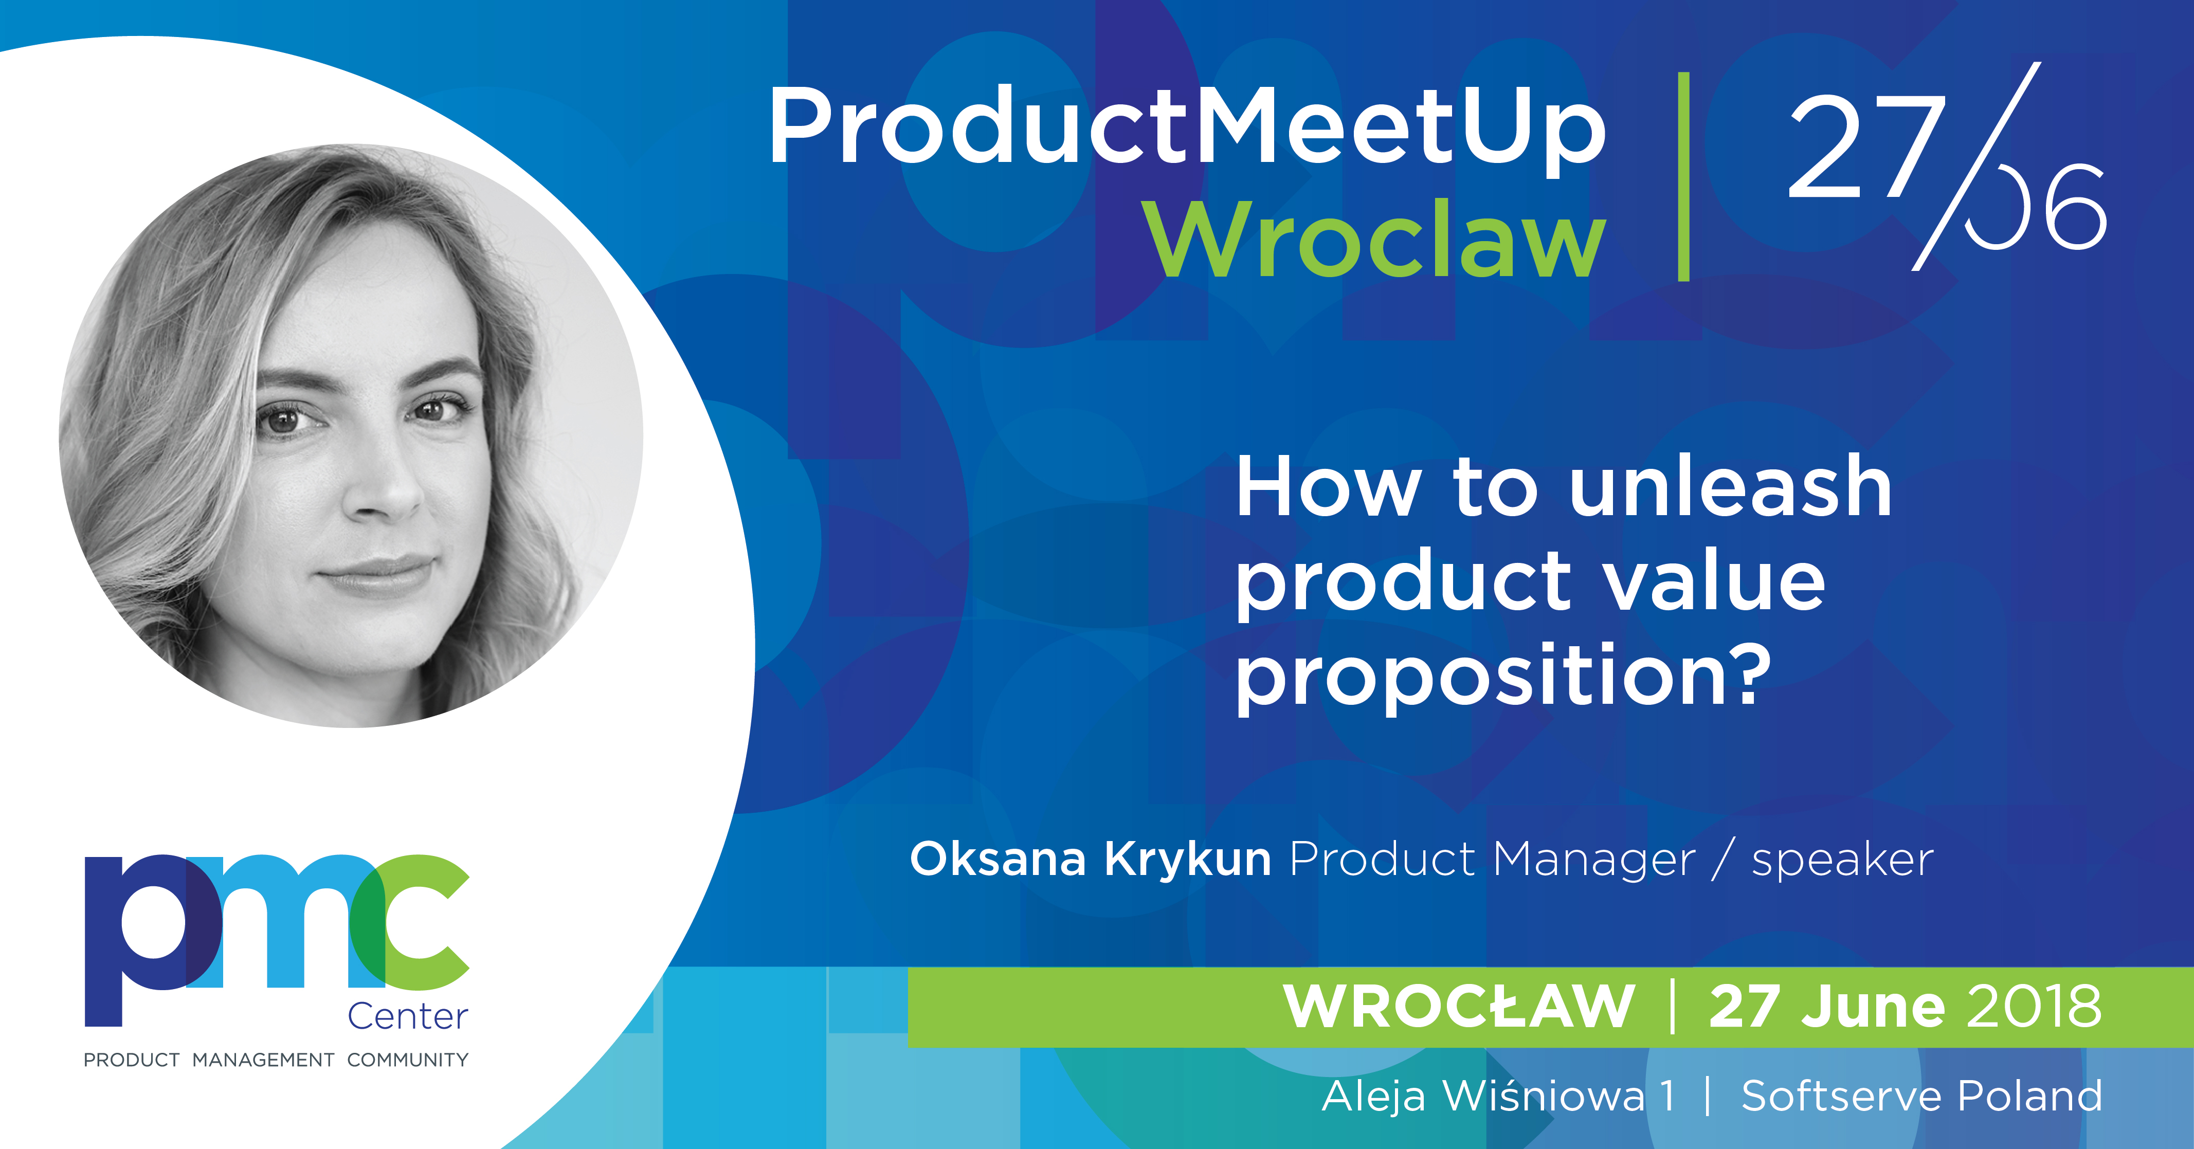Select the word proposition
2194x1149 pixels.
point(1503,677)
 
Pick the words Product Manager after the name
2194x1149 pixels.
point(1492,859)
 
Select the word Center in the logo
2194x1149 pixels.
point(408,1017)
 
